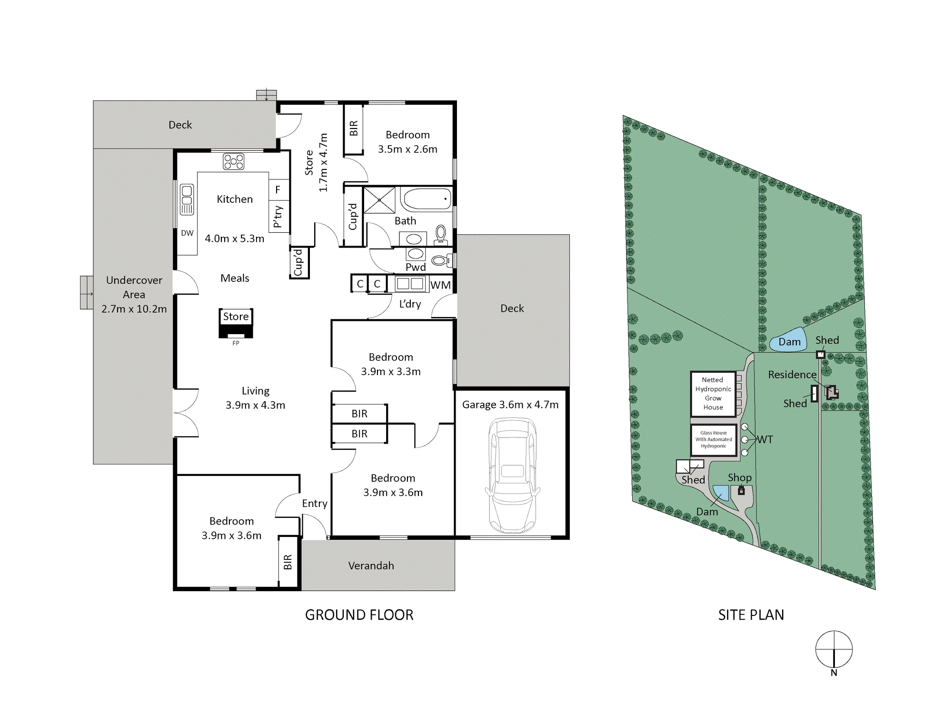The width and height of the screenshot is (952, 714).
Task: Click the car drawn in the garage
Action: tap(512, 475)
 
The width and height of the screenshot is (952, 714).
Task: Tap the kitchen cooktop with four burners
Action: tap(234, 161)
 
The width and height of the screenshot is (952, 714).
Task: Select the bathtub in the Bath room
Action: tap(426, 199)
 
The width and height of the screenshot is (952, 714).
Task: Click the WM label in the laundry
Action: tap(440, 285)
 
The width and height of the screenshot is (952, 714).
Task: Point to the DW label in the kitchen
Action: tap(187, 233)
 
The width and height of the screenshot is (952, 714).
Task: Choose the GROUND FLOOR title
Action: tap(359, 615)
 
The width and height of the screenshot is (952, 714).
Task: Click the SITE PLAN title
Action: tap(751, 615)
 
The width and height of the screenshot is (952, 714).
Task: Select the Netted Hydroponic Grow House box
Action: tap(713, 394)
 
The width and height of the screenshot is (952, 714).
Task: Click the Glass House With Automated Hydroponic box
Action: tap(714, 440)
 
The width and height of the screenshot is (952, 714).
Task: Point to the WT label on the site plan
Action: tap(765, 440)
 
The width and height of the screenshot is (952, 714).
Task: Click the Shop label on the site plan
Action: tap(740, 478)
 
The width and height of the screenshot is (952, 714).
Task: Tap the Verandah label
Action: tap(371, 565)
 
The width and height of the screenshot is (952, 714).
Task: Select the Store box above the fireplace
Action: tap(236, 317)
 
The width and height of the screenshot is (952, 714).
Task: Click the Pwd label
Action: tap(416, 267)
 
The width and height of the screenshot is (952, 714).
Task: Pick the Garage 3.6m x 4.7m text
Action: tap(510, 405)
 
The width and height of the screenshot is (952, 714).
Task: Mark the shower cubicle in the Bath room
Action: tap(379, 200)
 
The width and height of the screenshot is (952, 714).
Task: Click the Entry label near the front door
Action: tap(315, 504)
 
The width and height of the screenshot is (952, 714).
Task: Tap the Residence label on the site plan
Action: tap(792, 375)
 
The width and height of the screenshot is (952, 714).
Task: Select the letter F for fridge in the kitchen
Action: tap(278, 190)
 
